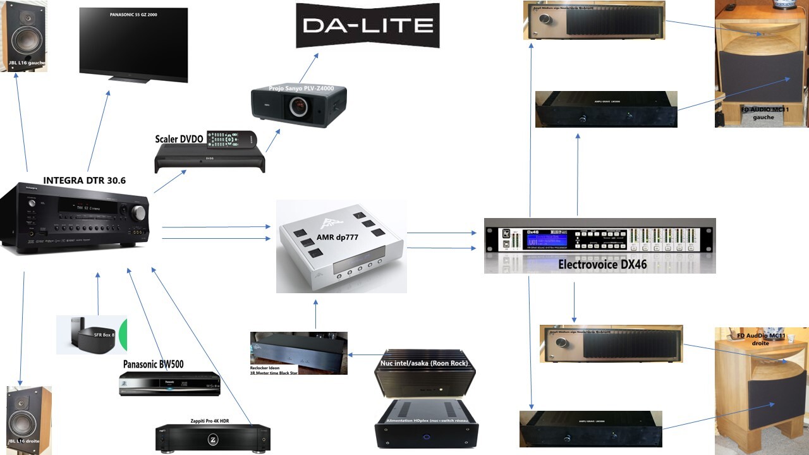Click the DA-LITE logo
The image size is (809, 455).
click(367, 25)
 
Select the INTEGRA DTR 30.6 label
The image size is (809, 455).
click(84, 181)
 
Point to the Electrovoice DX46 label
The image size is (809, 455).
click(602, 265)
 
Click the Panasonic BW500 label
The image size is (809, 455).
click(153, 364)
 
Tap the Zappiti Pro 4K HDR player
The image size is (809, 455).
click(213, 437)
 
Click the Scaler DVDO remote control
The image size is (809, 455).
click(230, 138)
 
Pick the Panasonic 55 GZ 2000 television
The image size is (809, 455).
click(133, 44)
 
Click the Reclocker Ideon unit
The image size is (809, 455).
click(298, 351)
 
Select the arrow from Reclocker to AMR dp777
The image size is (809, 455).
click(315, 314)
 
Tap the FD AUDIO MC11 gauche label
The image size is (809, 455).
click(763, 113)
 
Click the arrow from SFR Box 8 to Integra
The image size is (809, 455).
click(98, 294)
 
